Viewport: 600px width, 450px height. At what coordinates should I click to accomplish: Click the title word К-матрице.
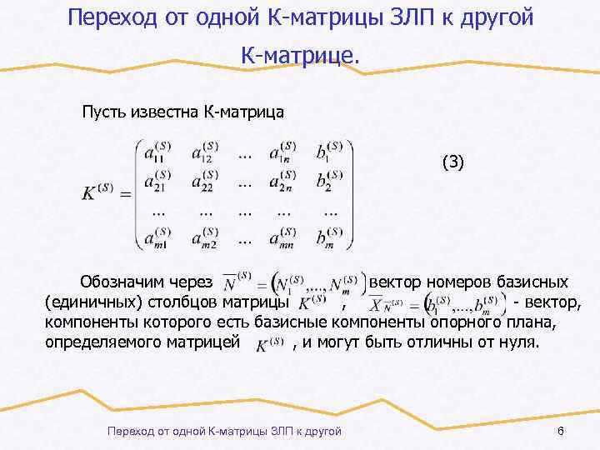point(301,56)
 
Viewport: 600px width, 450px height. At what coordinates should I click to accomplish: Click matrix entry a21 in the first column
point(158,182)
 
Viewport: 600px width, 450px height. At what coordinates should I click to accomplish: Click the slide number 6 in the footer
point(560,430)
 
